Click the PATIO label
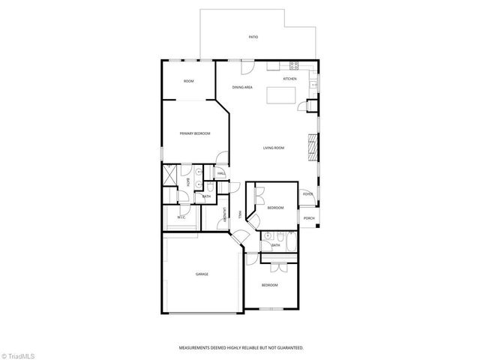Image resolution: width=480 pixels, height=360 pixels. (x=253, y=37)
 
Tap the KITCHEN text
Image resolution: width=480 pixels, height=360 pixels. (x=289, y=79)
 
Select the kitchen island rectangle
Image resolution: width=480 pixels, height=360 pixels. (x=281, y=94)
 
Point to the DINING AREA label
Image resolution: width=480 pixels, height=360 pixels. (x=241, y=88)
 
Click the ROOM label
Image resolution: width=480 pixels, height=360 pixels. (x=189, y=80)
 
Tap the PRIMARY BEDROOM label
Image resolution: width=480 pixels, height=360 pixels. (x=194, y=133)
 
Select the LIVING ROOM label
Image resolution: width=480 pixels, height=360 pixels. (x=273, y=148)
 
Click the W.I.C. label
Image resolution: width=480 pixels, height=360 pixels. (x=181, y=218)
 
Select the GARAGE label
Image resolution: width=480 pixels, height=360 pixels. (x=202, y=275)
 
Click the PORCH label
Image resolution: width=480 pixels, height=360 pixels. (x=308, y=219)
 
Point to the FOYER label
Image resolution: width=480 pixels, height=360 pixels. (x=307, y=194)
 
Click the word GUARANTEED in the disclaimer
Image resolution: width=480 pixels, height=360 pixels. (x=287, y=348)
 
